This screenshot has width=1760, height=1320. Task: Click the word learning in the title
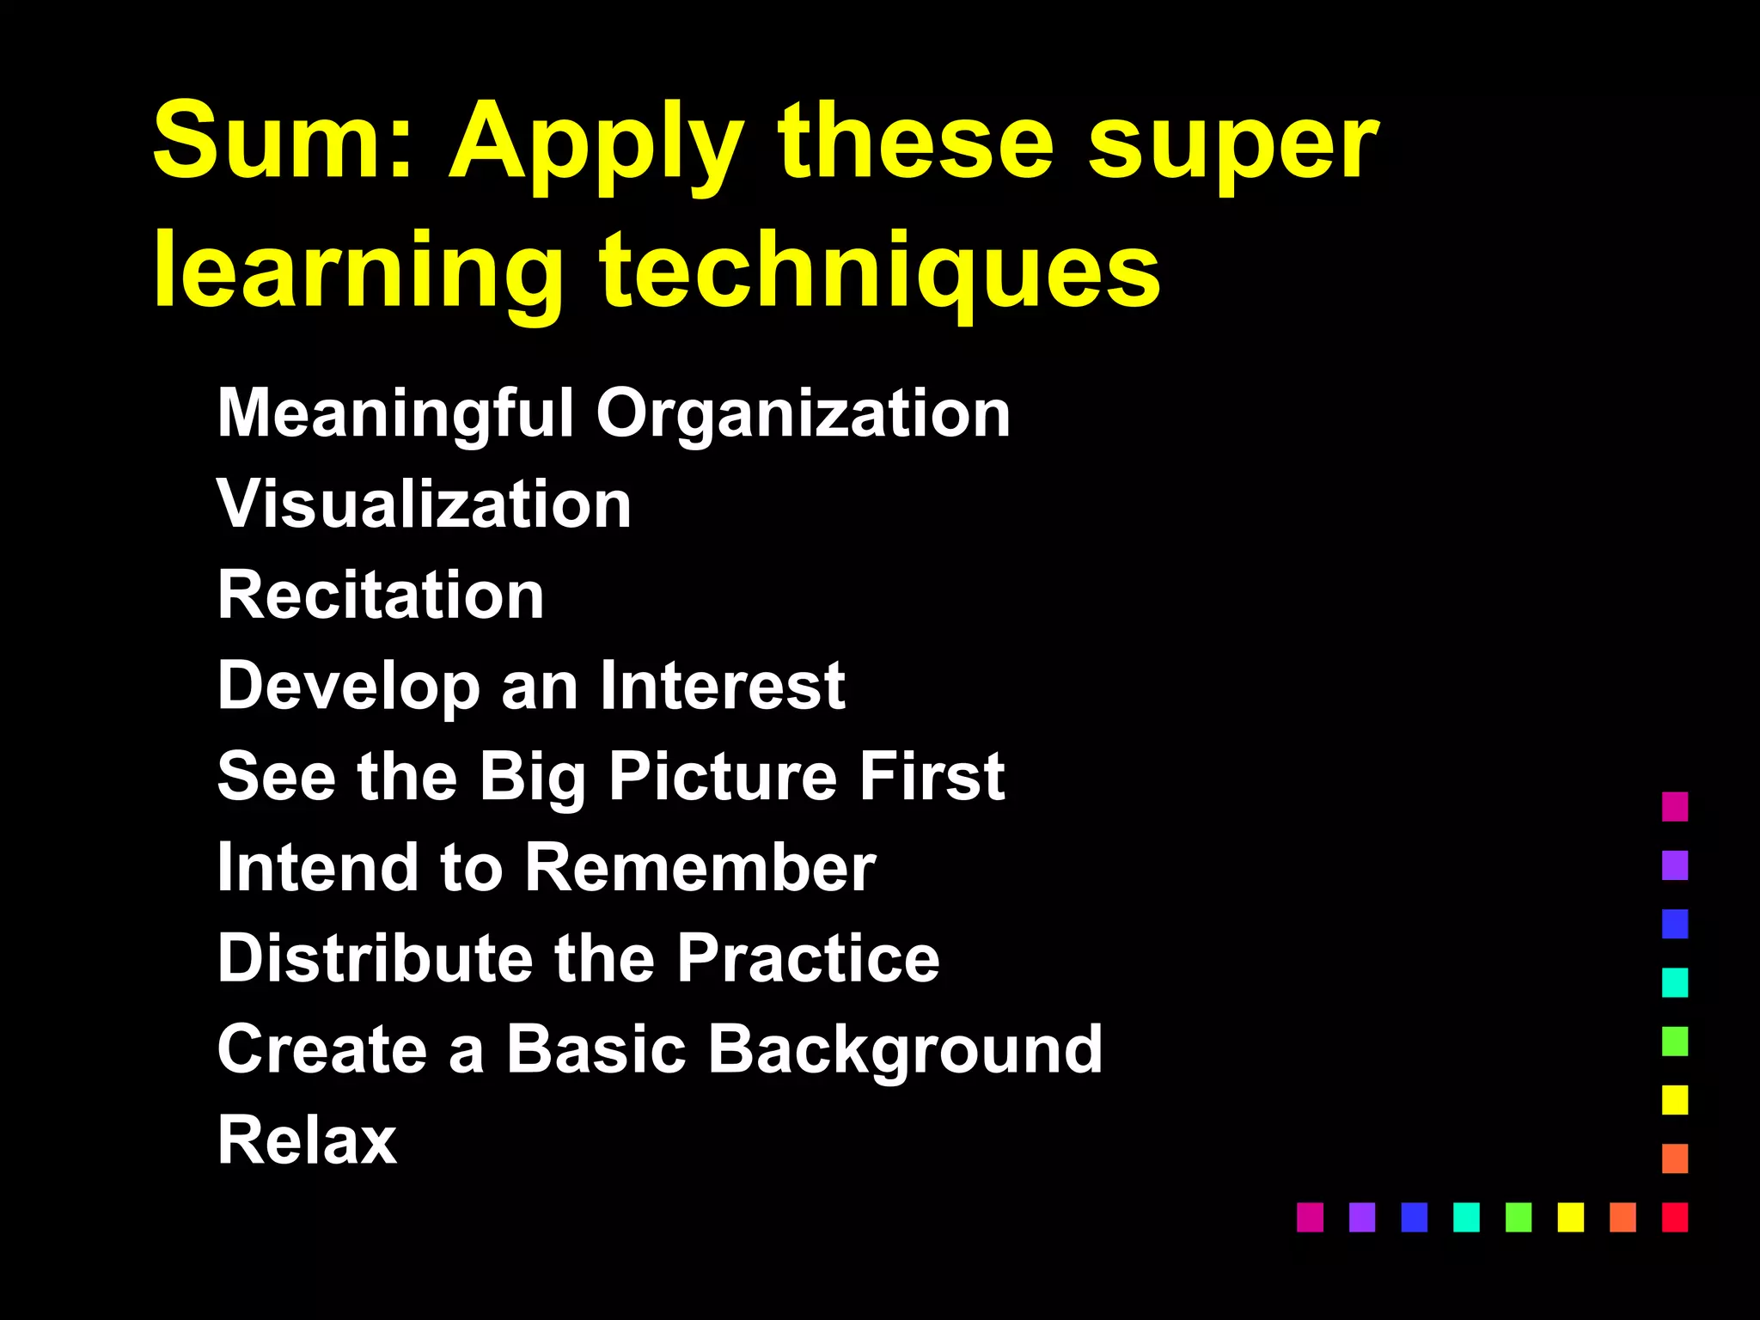tap(357, 273)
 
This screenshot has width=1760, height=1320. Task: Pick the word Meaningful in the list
tap(395, 415)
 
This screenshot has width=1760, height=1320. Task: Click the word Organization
tap(803, 415)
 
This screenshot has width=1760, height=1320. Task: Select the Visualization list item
tap(425, 504)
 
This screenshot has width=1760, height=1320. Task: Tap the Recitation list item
tap(381, 595)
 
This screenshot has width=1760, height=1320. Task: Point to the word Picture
tap(722, 777)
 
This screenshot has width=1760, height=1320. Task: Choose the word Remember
tap(700, 868)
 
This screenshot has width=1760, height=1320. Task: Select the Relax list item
tap(307, 1140)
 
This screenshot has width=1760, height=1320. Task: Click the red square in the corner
tap(1675, 1217)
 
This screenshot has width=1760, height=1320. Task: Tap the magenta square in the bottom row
tap(1310, 1217)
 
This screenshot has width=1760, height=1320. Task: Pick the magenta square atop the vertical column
tap(1675, 807)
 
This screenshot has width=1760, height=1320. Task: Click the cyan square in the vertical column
tap(1675, 982)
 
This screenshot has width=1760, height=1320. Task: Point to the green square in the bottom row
tap(1519, 1217)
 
